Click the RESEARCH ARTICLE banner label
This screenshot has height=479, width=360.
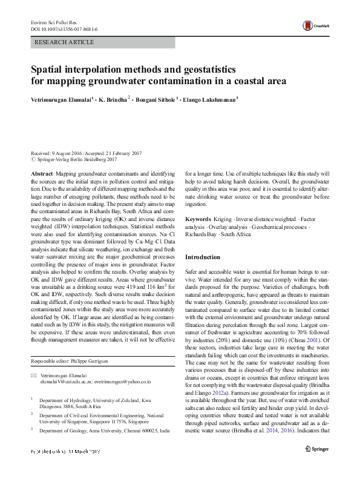coord(65,42)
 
